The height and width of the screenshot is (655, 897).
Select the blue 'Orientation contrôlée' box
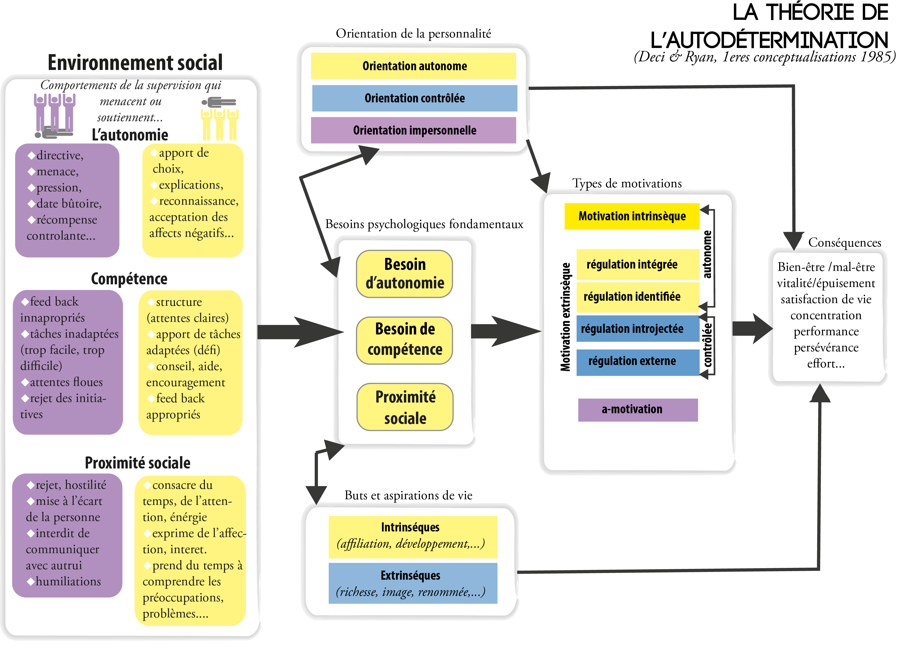click(414, 98)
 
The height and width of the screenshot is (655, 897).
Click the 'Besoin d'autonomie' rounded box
click(404, 274)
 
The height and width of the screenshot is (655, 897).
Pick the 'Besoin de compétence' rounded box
click(404, 340)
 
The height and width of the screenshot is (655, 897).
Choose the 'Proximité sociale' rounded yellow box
click(405, 407)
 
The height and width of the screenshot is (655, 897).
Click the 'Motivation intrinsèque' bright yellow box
click(632, 216)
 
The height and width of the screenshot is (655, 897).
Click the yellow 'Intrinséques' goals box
click(413, 537)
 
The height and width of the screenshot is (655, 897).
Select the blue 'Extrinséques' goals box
click(413, 583)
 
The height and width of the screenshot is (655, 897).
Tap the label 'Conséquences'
click(845, 242)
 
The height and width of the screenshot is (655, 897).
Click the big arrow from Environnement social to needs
click(300, 332)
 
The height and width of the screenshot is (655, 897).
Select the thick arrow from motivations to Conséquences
click(752, 328)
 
